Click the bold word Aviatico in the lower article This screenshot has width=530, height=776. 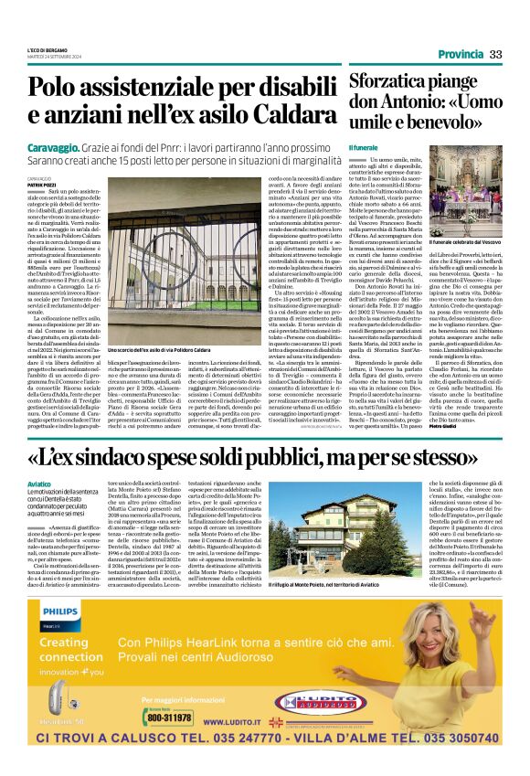[39, 482]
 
